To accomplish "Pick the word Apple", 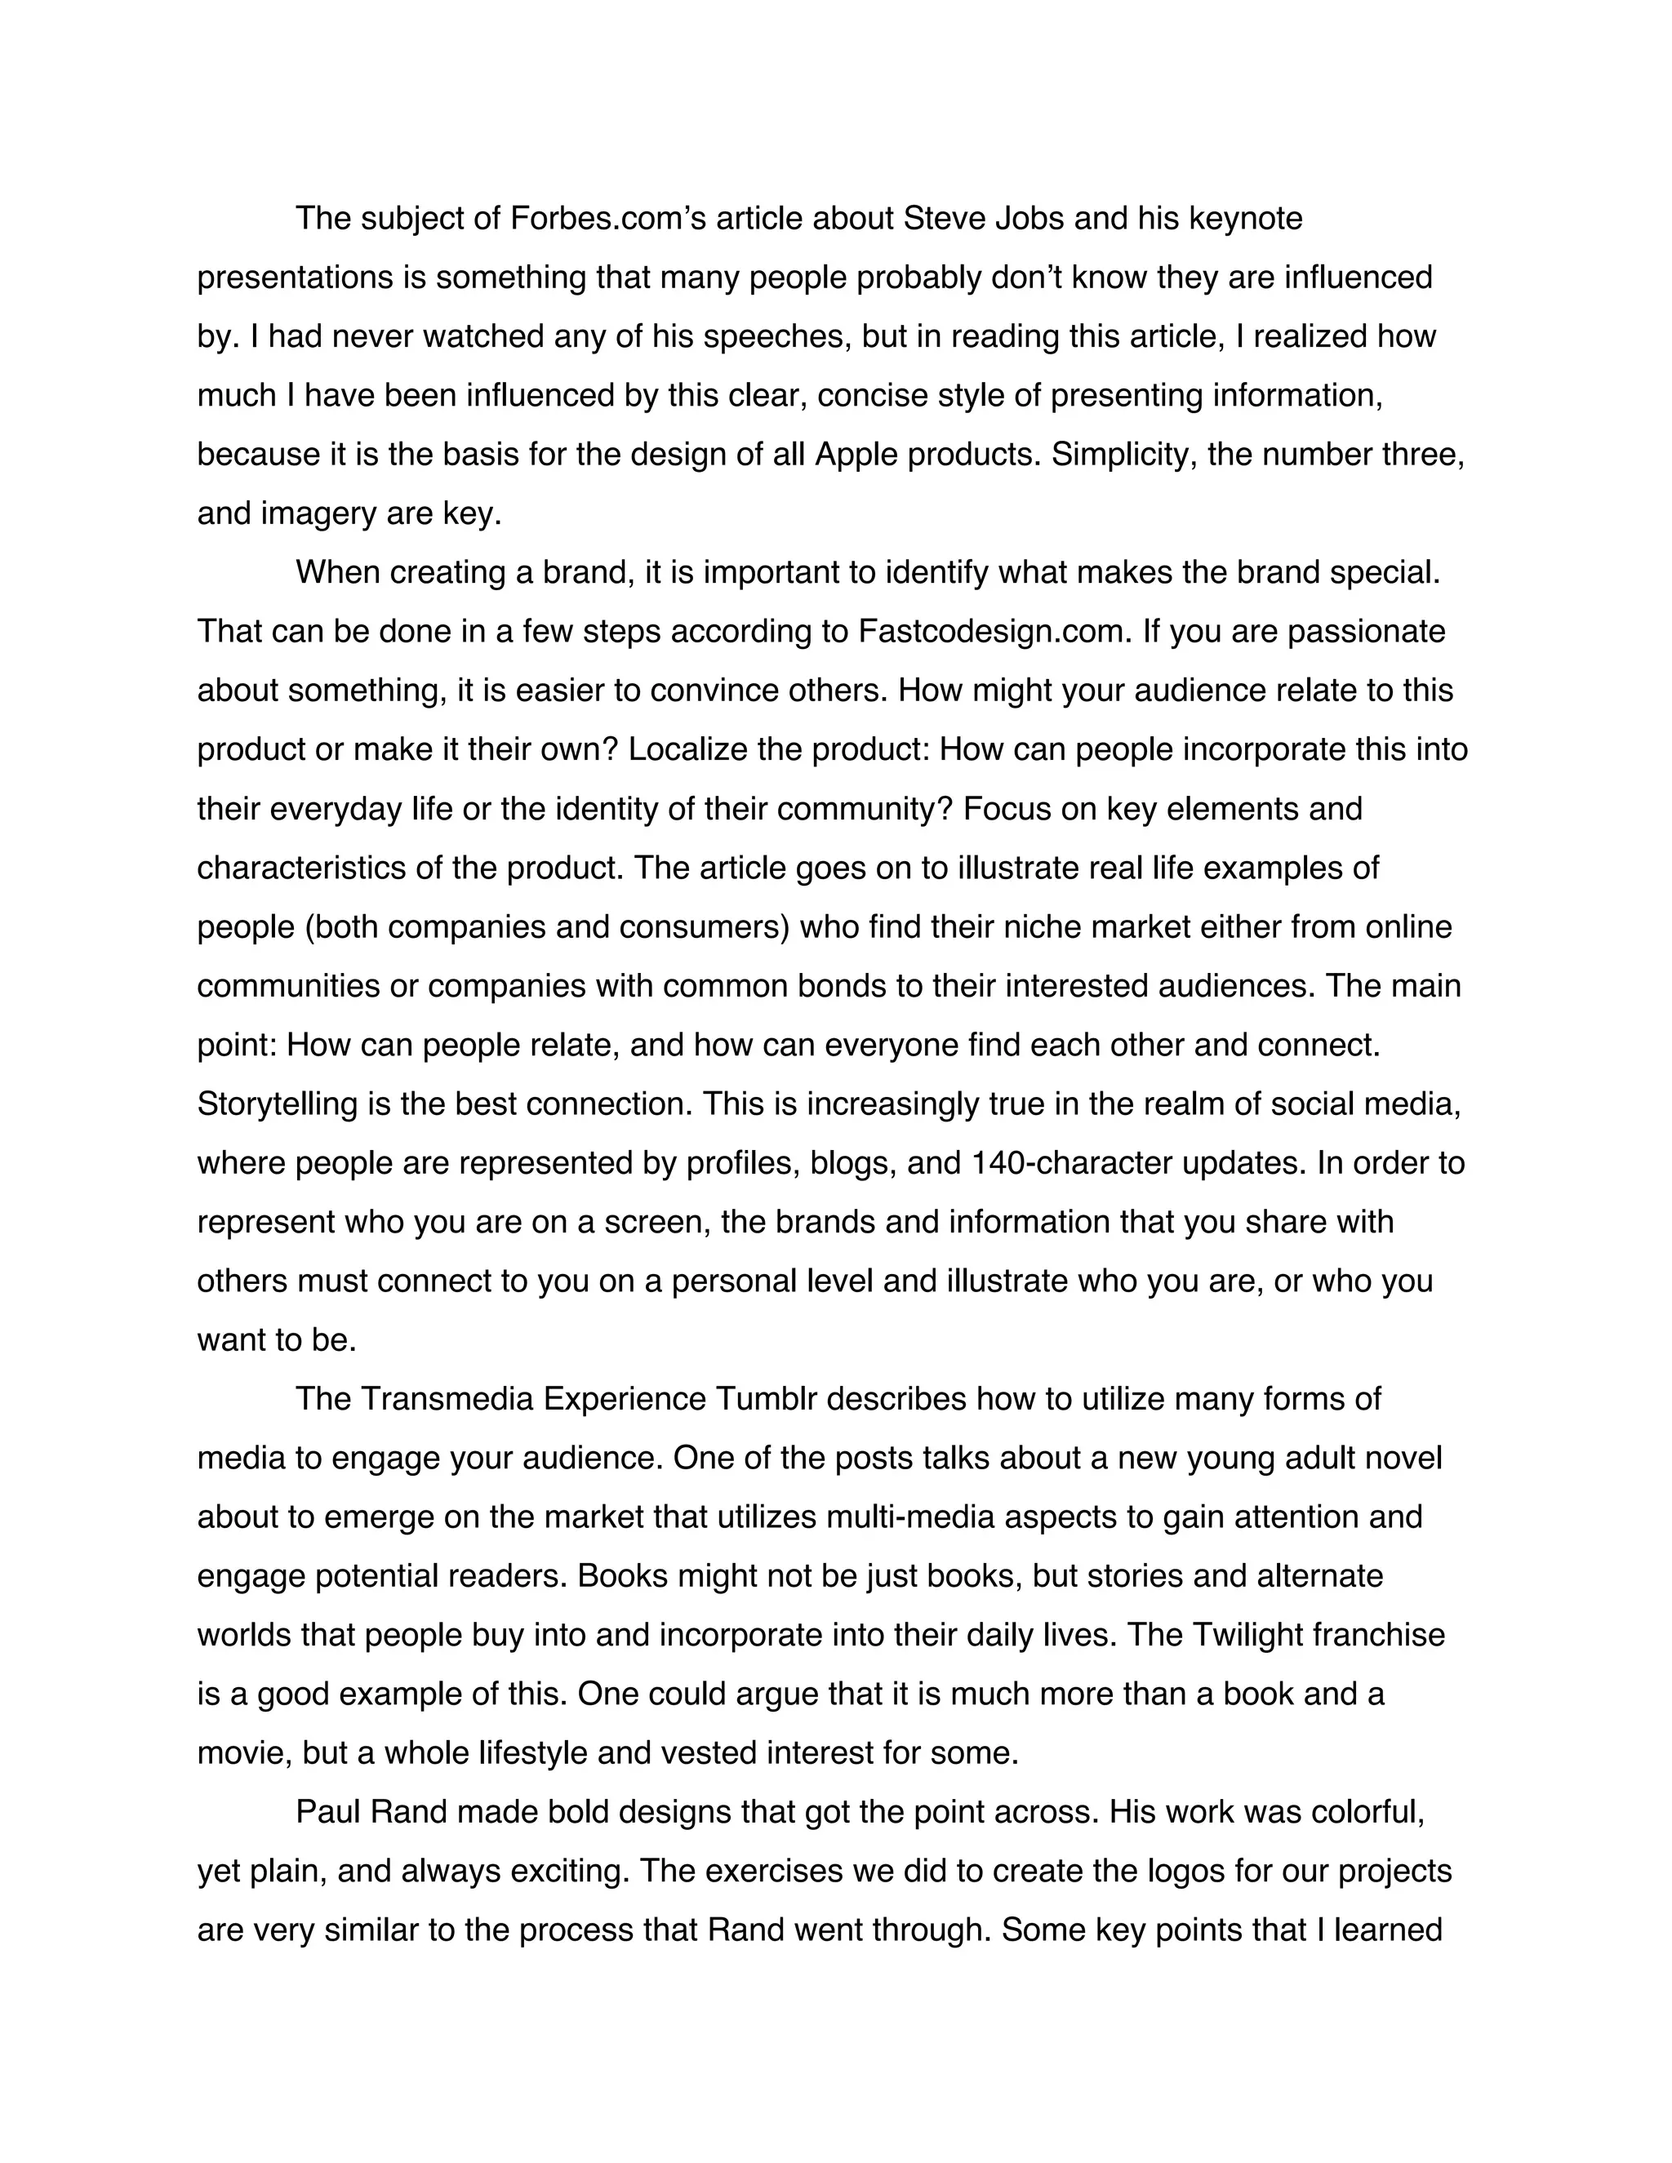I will click(x=855, y=455).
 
